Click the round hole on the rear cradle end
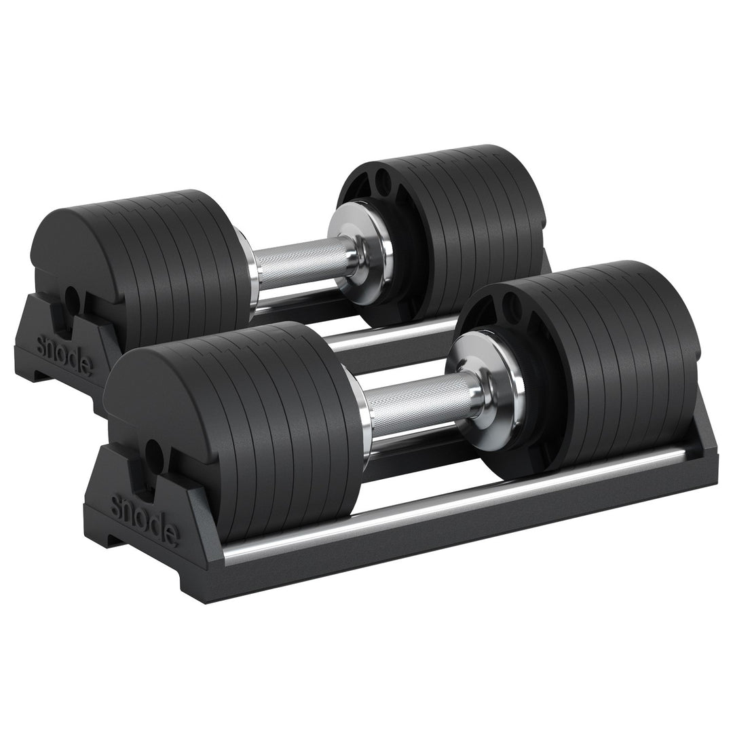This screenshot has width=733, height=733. pyautogui.click(x=71, y=296)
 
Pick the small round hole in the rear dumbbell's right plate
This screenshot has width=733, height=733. pyautogui.click(x=383, y=181)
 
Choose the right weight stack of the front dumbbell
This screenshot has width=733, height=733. pyautogui.click(x=611, y=360)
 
